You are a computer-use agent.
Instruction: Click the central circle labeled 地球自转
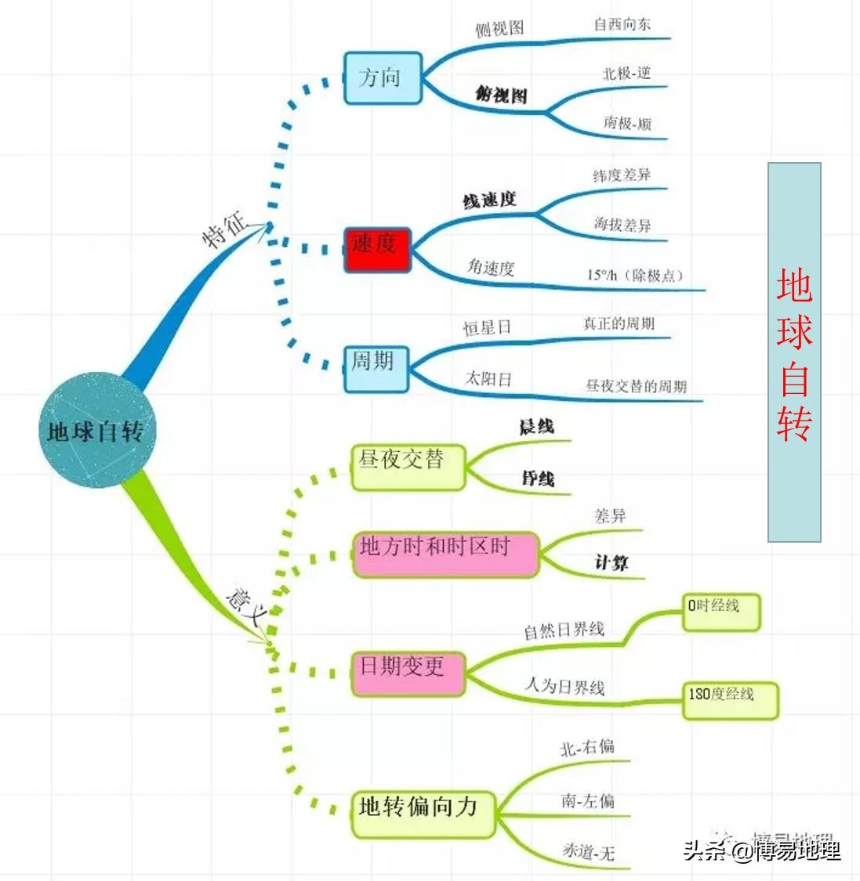point(96,430)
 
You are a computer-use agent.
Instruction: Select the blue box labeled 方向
point(383,78)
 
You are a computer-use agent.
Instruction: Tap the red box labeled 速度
point(377,249)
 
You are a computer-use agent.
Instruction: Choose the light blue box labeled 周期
point(376,368)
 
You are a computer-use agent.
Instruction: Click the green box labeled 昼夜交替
point(408,467)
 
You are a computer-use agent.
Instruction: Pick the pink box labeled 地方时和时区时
point(445,554)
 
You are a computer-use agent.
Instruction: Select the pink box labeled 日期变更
point(408,672)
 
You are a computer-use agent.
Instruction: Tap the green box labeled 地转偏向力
point(423,814)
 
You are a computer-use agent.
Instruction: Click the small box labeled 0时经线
point(720,612)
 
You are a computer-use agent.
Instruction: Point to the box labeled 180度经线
point(730,700)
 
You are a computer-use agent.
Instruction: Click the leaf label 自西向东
point(622,25)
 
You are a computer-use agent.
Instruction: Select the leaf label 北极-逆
point(626,74)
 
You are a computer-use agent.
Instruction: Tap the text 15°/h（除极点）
point(635,276)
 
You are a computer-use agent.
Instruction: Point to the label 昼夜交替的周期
point(636,386)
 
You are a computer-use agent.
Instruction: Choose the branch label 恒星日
point(487,328)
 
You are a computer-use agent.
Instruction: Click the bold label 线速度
point(490,200)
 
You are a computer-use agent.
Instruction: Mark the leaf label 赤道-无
point(588,851)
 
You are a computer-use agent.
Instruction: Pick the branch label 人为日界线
point(564,687)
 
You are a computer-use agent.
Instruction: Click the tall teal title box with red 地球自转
point(793,352)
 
